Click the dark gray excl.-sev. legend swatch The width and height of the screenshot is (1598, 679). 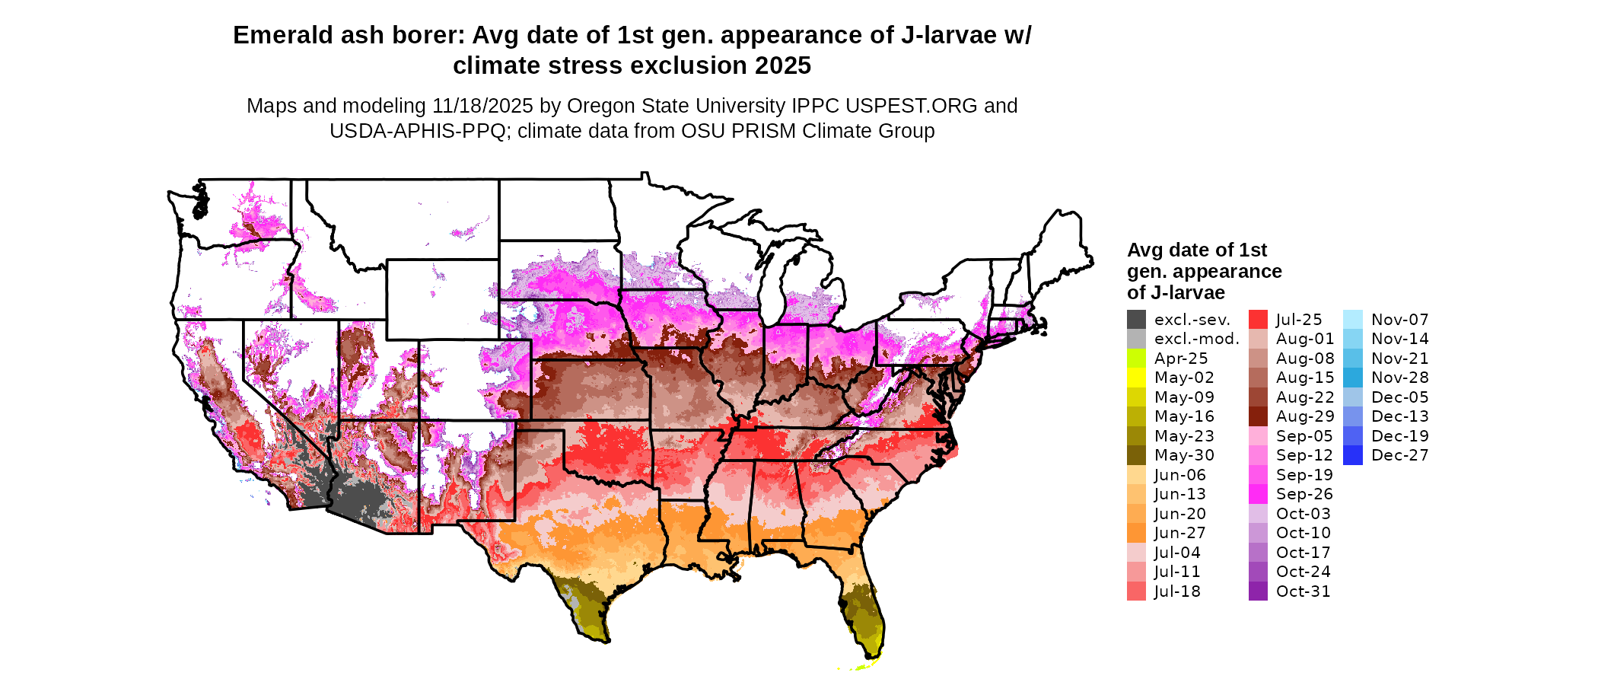[x=1136, y=320]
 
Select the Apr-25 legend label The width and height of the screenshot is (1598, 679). [x=1181, y=359]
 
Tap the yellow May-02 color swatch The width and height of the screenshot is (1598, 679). [x=1136, y=378]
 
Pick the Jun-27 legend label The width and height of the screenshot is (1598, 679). [x=1179, y=533]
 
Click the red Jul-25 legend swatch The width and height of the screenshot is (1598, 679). [x=1258, y=320]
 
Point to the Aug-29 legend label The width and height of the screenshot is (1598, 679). [x=1305, y=416]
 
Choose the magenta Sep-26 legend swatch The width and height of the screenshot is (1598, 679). [x=1258, y=494]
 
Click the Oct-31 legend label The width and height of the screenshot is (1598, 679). [x=1303, y=591]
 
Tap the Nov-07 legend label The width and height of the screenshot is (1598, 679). [x=1400, y=320]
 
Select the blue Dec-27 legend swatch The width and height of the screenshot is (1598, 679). [x=1353, y=455]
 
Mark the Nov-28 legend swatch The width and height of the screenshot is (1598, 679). [x=1353, y=378]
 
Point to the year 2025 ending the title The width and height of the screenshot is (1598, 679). [x=783, y=66]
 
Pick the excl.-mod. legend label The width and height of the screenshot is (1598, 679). [x=1196, y=339]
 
